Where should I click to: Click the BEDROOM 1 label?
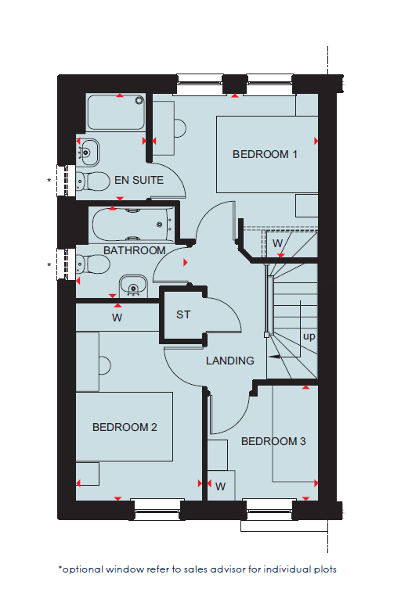265,154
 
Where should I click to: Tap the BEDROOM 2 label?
125,427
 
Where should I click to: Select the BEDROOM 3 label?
273,441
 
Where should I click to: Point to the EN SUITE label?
139,180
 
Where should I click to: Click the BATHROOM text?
134,250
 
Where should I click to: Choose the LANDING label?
230,361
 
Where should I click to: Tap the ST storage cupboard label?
183,314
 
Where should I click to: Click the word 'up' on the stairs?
309,337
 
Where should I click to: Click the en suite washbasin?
88,153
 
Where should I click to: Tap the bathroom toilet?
93,264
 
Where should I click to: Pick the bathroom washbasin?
133,286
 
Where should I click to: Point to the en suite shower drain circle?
139,100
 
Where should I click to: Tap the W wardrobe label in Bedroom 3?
220,486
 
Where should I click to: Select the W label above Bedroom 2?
117,318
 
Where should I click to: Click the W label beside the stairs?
278,243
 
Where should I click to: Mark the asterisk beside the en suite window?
49,181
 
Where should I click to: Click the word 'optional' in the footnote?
83,569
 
